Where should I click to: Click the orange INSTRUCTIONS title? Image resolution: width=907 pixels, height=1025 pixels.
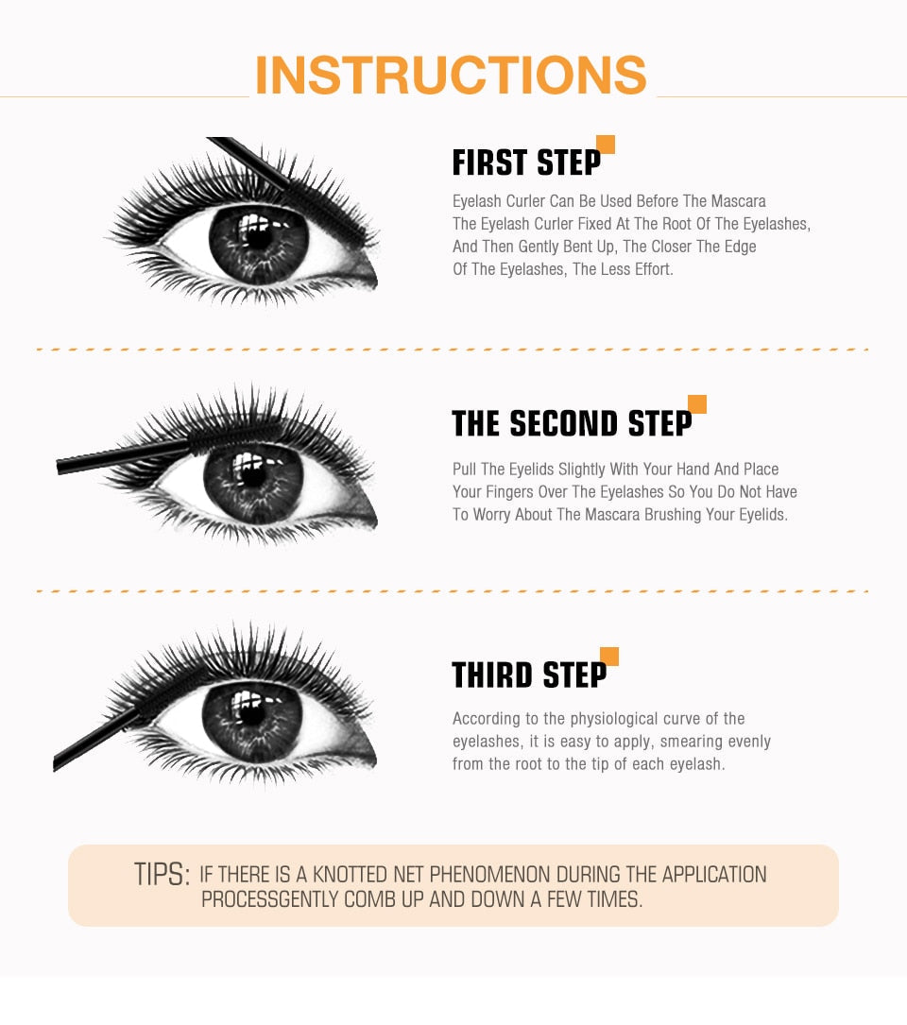tap(451, 77)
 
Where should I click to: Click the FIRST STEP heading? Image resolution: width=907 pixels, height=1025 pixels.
tap(526, 163)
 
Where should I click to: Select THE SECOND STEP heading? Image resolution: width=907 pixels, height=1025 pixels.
tap(572, 424)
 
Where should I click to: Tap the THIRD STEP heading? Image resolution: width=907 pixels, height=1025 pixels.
tap(529, 675)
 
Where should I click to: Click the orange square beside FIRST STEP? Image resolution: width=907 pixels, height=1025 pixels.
tap(606, 145)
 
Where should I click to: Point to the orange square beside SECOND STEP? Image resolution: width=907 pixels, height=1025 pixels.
tap(697, 404)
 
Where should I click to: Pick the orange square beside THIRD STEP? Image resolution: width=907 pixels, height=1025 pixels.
tap(609, 657)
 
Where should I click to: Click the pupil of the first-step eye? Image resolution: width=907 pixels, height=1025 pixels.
tap(258, 237)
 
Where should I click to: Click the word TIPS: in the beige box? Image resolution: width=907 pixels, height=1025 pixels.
tap(162, 875)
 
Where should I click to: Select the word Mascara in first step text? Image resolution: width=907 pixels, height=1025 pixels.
tap(738, 201)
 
